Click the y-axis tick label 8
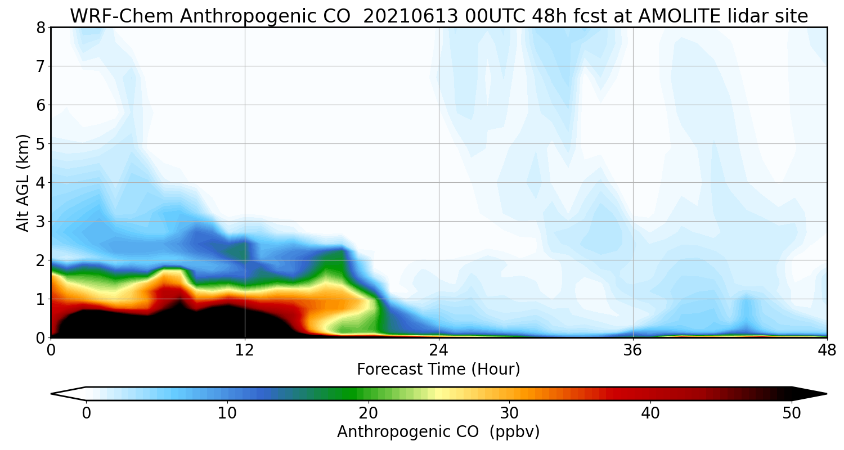pos(40,28)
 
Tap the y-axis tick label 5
pos(40,144)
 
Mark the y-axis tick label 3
pos(40,222)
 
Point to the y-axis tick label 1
pos(40,299)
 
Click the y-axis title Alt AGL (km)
pos(23,183)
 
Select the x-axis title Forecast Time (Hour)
pos(438,370)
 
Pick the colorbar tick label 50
pos(792,413)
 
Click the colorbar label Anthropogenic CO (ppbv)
pos(438,432)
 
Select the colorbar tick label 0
pos(86,413)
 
